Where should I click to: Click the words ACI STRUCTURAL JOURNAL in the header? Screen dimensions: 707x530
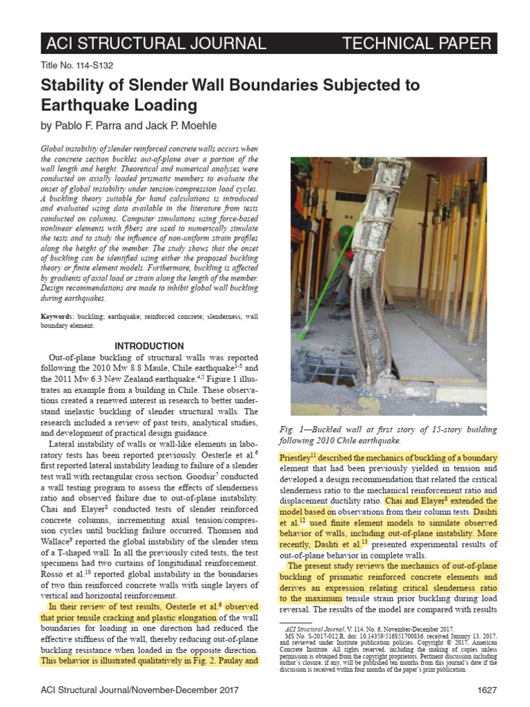pos(155,43)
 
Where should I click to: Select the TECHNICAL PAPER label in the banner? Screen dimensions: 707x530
pos(417,43)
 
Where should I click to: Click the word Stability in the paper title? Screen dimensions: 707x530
pos(76,86)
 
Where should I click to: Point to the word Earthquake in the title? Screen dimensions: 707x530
pos(84,105)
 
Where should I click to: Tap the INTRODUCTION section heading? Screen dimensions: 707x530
pos(149,346)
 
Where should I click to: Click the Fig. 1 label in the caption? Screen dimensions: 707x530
pos(293,429)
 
